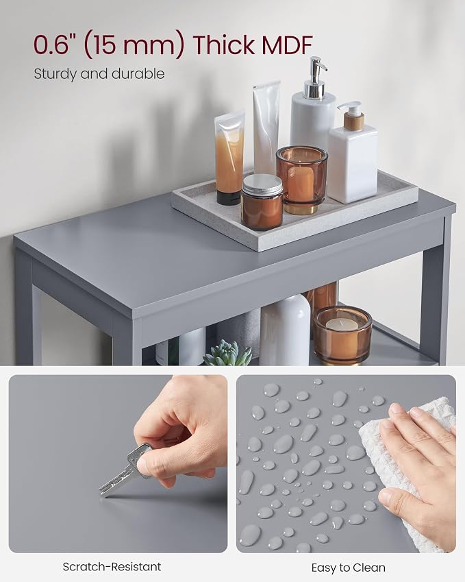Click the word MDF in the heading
point(287,45)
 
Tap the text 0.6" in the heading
point(55,45)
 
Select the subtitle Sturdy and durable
point(99,73)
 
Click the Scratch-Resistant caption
point(112,567)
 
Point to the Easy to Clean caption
point(348,568)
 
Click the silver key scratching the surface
point(124,470)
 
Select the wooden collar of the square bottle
point(354,121)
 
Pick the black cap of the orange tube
point(229,197)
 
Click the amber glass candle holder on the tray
point(301,180)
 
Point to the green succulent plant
point(227,353)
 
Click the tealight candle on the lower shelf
point(342,324)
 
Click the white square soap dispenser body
point(353,165)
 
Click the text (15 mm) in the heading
point(134,45)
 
